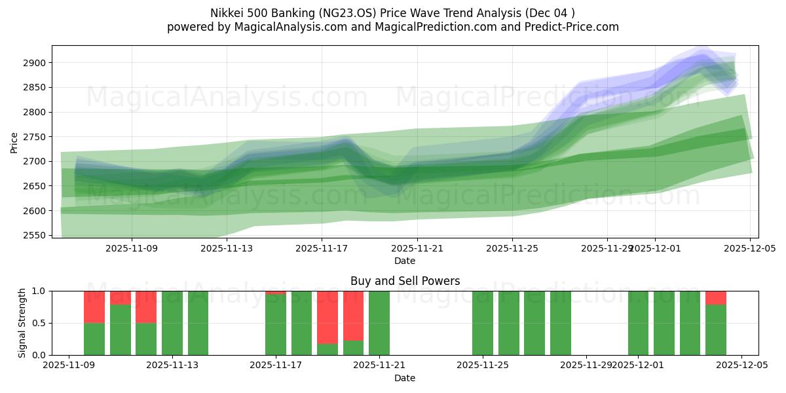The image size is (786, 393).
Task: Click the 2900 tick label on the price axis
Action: coord(35,63)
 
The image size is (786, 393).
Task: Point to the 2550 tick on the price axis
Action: coord(35,235)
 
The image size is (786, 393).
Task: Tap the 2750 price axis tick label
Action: coord(35,137)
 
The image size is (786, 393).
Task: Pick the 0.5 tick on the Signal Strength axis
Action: coord(40,323)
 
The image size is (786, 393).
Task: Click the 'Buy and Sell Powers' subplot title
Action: coord(405,281)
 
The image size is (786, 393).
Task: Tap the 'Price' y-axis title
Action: coord(14,141)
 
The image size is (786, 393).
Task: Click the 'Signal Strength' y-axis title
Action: coord(22,323)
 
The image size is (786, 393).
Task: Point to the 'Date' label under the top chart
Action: coord(405,261)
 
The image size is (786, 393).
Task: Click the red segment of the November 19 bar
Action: coord(327,317)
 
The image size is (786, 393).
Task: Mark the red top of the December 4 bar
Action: coord(716,297)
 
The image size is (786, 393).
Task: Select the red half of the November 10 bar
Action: coord(94,307)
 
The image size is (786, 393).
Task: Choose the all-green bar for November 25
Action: coord(483,323)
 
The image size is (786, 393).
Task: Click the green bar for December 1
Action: coord(638,323)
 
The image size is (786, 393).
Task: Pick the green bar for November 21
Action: coord(379,323)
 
